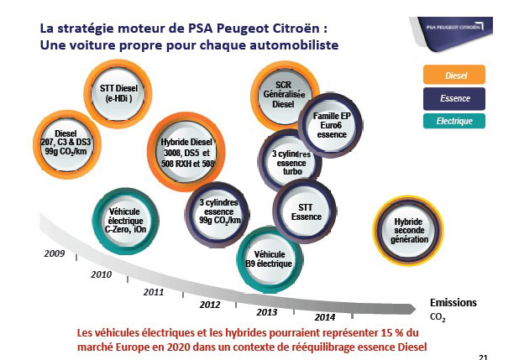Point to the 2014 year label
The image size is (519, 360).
click(325, 317)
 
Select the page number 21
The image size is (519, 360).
click(483, 355)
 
